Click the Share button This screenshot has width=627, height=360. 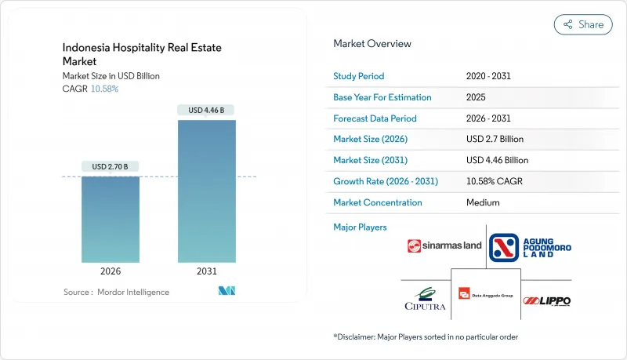(x=583, y=24)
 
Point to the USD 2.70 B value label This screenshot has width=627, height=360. (x=110, y=166)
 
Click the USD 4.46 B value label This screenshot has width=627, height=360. (x=206, y=111)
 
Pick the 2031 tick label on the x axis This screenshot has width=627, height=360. (x=206, y=271)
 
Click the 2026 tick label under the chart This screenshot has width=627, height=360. (x=110, y=271)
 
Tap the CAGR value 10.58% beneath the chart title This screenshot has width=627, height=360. (x=104, y=89)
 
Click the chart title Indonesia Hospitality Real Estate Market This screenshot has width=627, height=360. (x=142, y=55)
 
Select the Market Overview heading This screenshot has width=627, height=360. (x=371, y=44)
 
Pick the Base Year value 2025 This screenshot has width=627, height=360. (x=476, y=98)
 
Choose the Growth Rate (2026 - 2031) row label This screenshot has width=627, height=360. (x=386, y=181)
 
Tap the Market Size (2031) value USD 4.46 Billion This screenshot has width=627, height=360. (x=497, y=160)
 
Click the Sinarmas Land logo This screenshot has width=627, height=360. (x=444, y=245)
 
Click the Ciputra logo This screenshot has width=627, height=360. (x=426, y=299)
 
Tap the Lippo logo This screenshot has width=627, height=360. (x=547, y=300)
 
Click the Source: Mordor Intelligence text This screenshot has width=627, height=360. (x=116, y=292)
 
